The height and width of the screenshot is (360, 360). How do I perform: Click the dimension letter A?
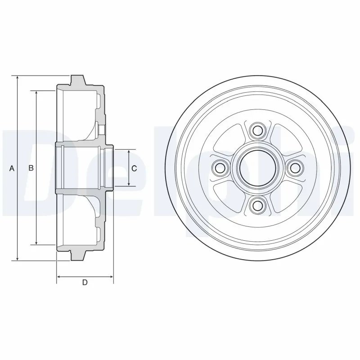12,168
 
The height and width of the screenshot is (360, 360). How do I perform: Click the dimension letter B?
31,168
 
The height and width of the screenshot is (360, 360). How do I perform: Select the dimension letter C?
134,168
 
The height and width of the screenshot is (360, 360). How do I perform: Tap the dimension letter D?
85,283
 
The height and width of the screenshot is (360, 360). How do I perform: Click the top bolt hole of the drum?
257,131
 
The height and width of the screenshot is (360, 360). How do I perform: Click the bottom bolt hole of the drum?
257,205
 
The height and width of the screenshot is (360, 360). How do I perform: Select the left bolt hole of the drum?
220,168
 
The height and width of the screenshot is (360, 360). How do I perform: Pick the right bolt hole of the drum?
295,168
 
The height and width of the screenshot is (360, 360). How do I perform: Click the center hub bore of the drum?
257,168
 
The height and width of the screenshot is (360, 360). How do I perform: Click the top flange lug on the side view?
77,81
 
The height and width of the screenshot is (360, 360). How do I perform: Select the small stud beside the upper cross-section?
102,130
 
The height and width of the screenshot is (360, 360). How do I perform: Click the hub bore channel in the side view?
83,168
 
